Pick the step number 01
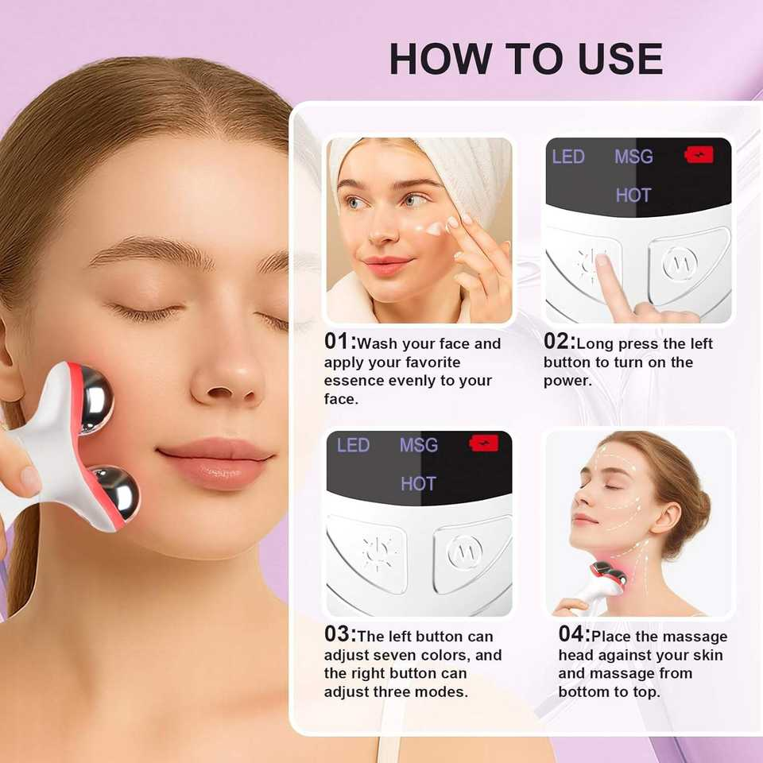point(339,342)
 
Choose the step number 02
point(559,342)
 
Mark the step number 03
point(339,634)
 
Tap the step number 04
point(574,634)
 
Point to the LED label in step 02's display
point(568,157)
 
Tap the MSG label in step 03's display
point(419,445)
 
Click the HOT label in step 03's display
point(418,483)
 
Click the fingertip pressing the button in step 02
point(602,262)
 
